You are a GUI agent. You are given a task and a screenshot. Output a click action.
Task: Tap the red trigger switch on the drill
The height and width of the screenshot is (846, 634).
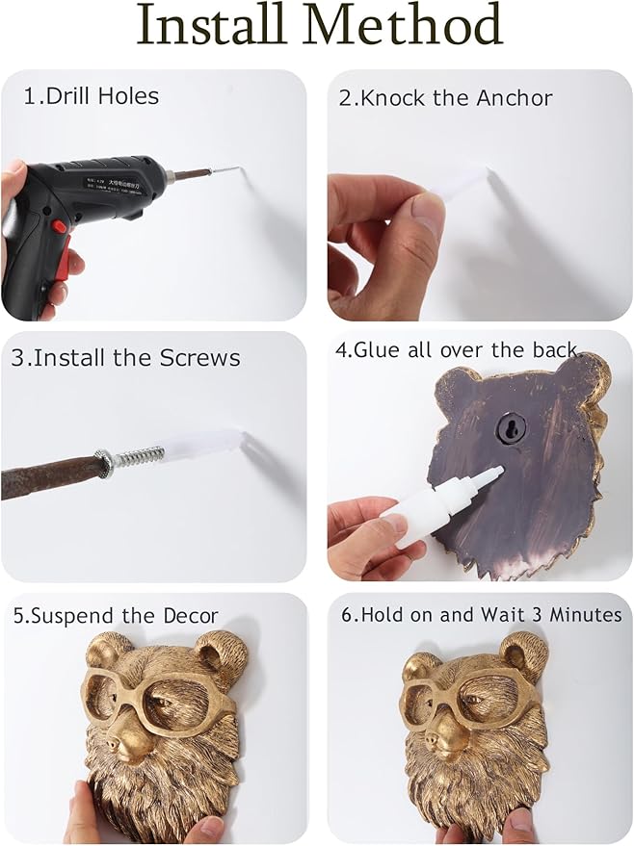point(60,227)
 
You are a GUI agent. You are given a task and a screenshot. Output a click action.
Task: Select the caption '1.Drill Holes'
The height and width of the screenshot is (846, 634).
point(92,96)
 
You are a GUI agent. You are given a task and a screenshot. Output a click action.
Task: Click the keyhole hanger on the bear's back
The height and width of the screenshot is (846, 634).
point(508,425)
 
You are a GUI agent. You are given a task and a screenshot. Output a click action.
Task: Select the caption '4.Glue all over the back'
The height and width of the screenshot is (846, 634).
point(458,350)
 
